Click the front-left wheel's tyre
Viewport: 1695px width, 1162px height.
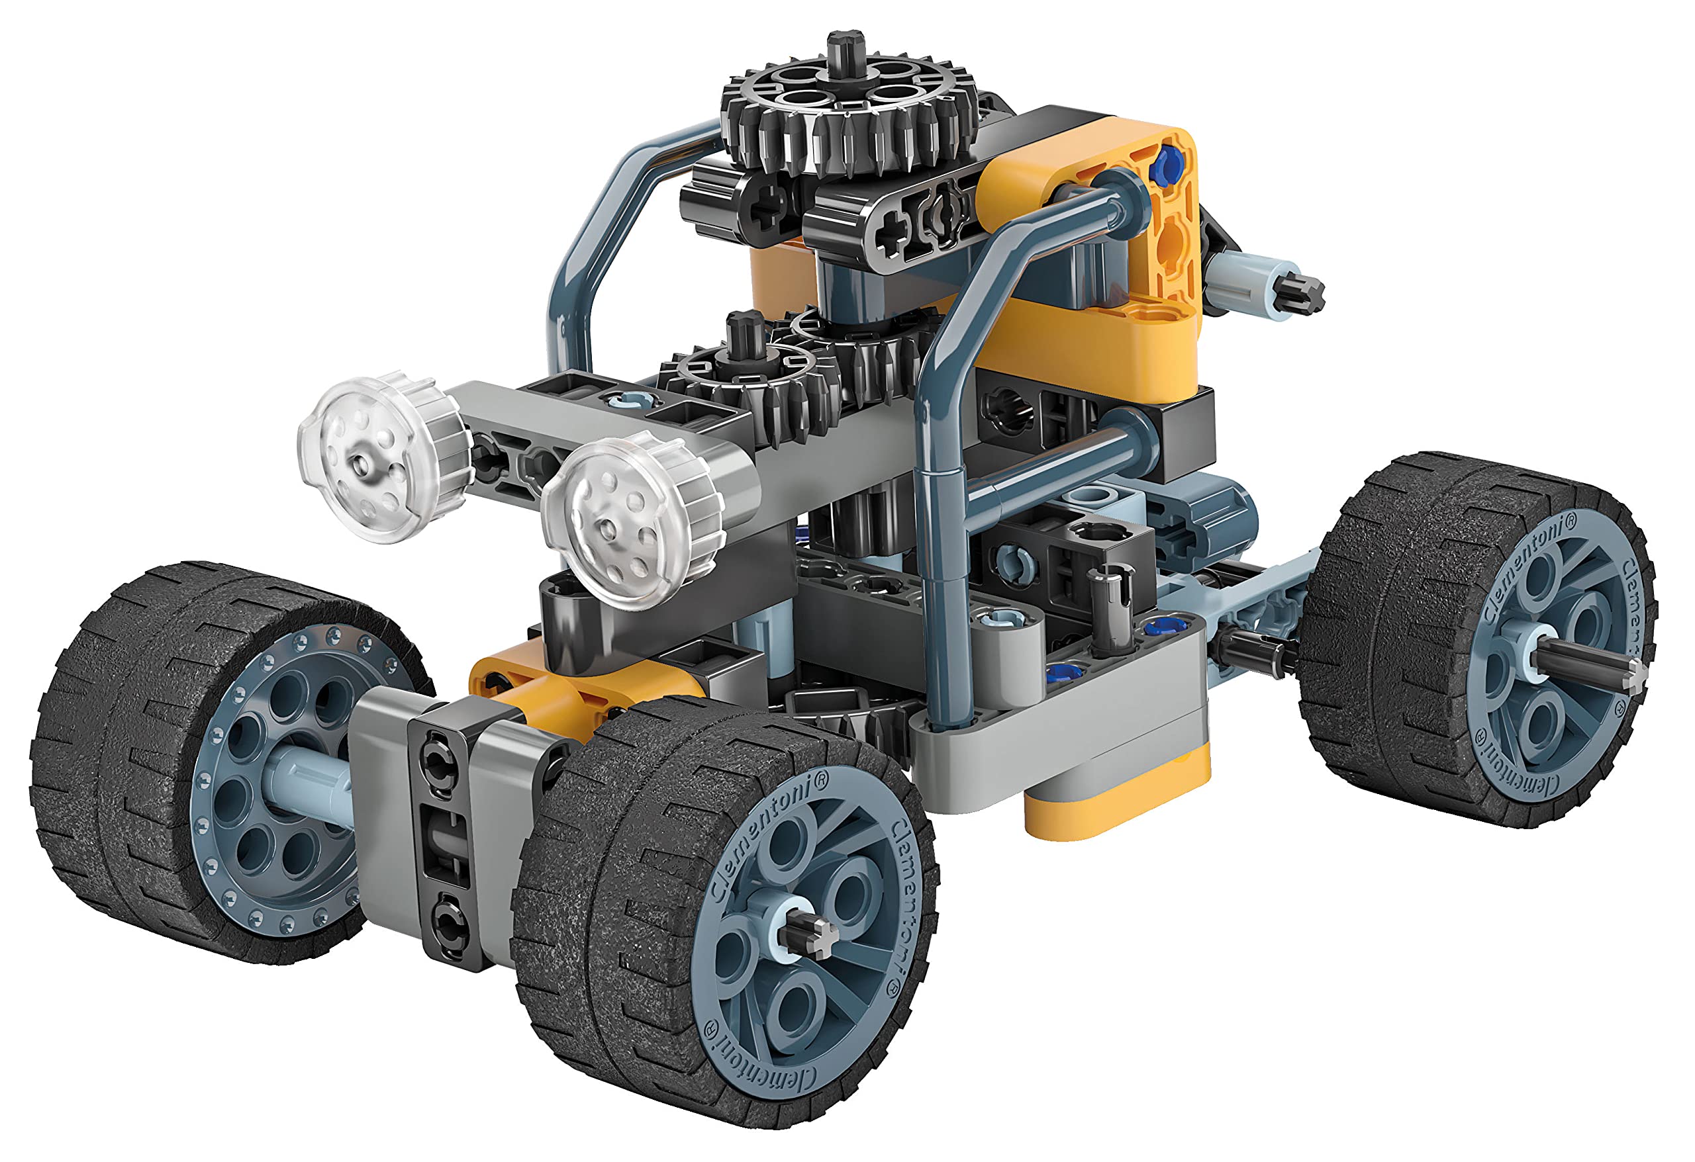click(131, 737)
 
